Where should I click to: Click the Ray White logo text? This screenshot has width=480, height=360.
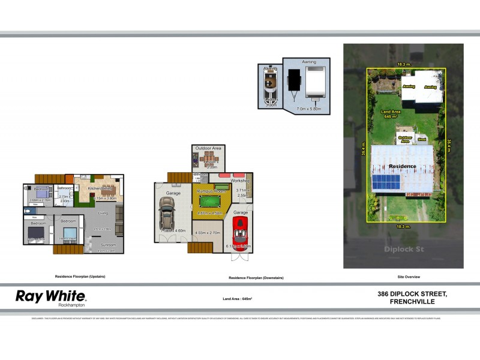(50, 295)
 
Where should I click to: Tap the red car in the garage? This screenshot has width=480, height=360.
(240, 230)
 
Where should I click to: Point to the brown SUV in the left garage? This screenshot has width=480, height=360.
(166, 214)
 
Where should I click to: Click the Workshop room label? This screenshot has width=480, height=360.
(240, 181)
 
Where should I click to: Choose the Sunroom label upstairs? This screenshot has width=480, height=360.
(108, 245)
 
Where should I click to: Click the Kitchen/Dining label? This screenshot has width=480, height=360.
(100, 188)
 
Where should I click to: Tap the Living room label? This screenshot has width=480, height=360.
(103, 213)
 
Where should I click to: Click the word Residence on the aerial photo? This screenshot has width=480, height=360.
(403, 166)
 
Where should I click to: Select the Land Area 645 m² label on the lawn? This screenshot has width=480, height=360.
(391, 114)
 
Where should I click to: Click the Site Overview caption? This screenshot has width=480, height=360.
(409, 277)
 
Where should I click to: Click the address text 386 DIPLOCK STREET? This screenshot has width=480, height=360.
(412, 293)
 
